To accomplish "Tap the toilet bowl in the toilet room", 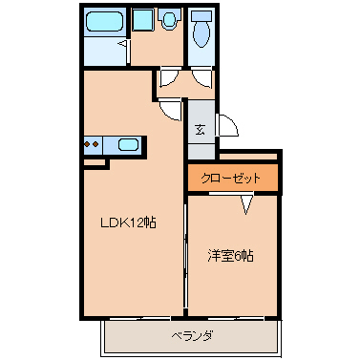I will pos(201,34).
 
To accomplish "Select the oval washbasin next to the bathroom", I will pos(171,19).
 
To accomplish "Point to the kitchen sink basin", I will pos(128,145).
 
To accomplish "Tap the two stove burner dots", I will pos(94,145).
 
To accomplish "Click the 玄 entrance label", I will pos(201,130).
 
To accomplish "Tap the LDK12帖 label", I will pos(128,223).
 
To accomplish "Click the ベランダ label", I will pos(191,335).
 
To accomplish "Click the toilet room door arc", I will pos(201,81).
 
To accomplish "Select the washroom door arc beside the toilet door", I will pos(170,81).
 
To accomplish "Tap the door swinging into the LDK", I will pos(168,108).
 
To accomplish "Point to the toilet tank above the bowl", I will pos(201,16).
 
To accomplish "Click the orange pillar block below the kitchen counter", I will pos(95,163).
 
